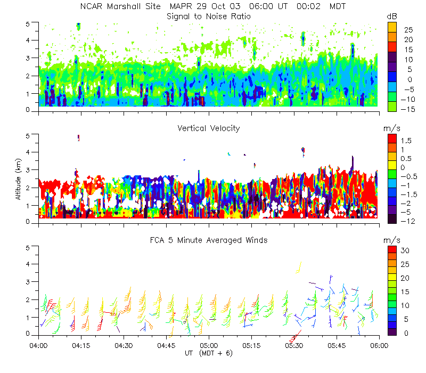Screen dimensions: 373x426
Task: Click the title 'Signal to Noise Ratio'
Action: click(x=209, y=17)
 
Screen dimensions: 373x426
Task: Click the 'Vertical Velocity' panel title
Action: click(x=209, y=128)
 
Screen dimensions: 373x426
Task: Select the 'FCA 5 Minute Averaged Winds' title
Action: click(x=209, y=240)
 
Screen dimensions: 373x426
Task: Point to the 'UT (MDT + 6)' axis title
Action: click(x=209, y=353)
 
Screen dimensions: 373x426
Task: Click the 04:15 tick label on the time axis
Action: click(x=81, y=345)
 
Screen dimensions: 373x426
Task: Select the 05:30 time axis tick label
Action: click(x=294, y=345)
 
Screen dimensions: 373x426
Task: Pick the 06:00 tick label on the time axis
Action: click(x=379, y=345)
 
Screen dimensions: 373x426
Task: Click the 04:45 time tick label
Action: click(x=166, y=345)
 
